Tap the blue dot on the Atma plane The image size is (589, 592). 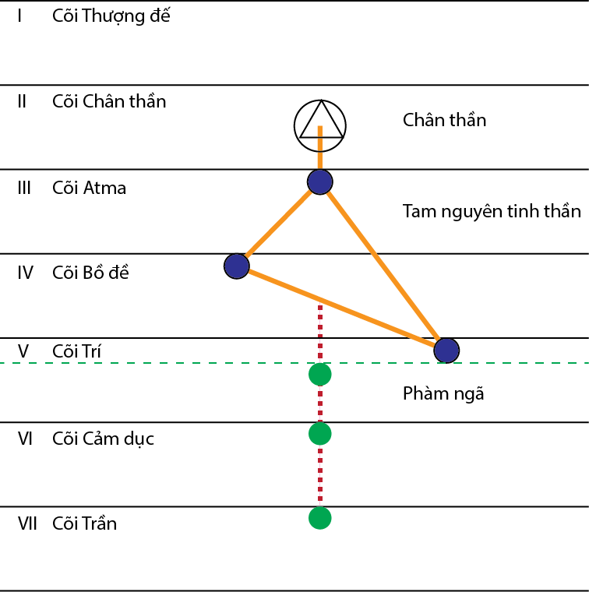click(320, 181)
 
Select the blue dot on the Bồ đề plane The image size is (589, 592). click(236, 266)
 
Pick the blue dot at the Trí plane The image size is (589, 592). click(446, 351)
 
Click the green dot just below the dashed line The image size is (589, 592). click(319, 375)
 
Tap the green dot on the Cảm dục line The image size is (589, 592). click(319, 433)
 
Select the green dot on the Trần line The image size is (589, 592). click(319, 517)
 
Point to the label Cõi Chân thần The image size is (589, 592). click(109, 101)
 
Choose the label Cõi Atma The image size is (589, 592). click(89, 188)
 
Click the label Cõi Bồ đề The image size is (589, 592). click(90, 273)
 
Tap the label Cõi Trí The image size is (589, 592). click(76, 352)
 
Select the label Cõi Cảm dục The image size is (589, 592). click(103, 439)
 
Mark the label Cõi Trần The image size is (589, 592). click(84, 523)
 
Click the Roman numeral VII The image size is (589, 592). click(27, 523)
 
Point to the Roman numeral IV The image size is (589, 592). click(25, 273)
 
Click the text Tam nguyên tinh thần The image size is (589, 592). click(492, 211)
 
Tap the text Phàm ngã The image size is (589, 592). click(443, 393)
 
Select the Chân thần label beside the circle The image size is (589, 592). click(444, 120)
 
